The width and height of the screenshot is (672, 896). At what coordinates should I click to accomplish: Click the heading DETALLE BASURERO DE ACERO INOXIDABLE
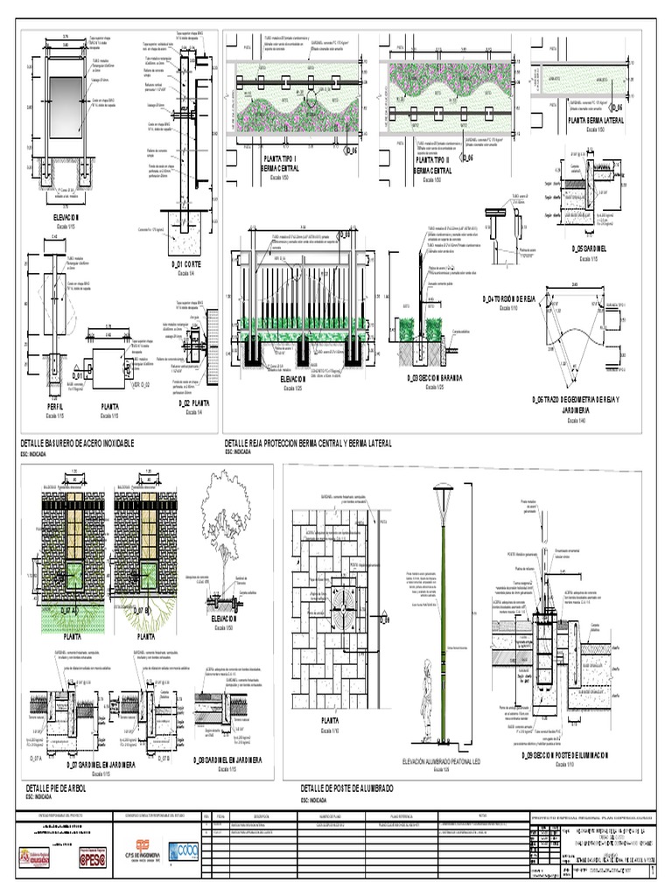[x=77, y=444]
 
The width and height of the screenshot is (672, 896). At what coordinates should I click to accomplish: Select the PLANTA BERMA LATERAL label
[x=595, y=120]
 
